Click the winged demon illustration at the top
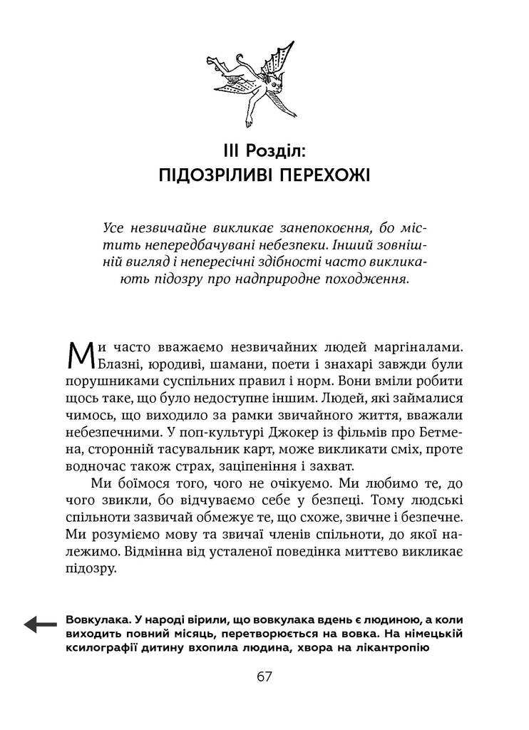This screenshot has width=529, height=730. pos(263,84)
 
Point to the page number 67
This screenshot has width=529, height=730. pos(264,677)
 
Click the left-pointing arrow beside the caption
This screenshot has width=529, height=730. pos(40,624)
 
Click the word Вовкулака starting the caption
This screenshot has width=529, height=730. pos(93,620)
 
